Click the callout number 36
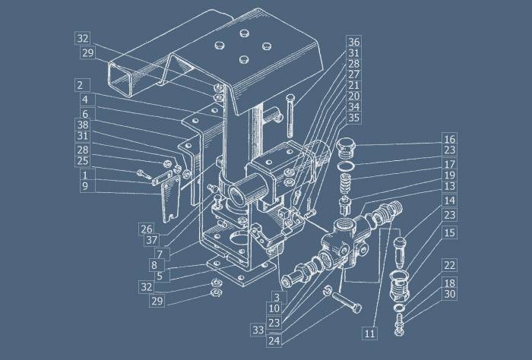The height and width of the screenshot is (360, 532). [x=354, y=42]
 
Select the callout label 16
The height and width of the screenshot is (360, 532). [x=450, y=139]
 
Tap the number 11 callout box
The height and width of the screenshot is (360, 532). [x=369, y=333]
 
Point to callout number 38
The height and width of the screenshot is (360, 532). [x=82, y=125]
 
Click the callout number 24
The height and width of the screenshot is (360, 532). [x=274, y=341]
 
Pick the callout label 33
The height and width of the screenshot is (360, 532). [x=258, y=330]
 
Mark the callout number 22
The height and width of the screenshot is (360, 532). [x=450, y=265]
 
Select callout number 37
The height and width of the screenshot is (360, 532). [x=152, y=240]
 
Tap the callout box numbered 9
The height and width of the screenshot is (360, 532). [x=85, y=186]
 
